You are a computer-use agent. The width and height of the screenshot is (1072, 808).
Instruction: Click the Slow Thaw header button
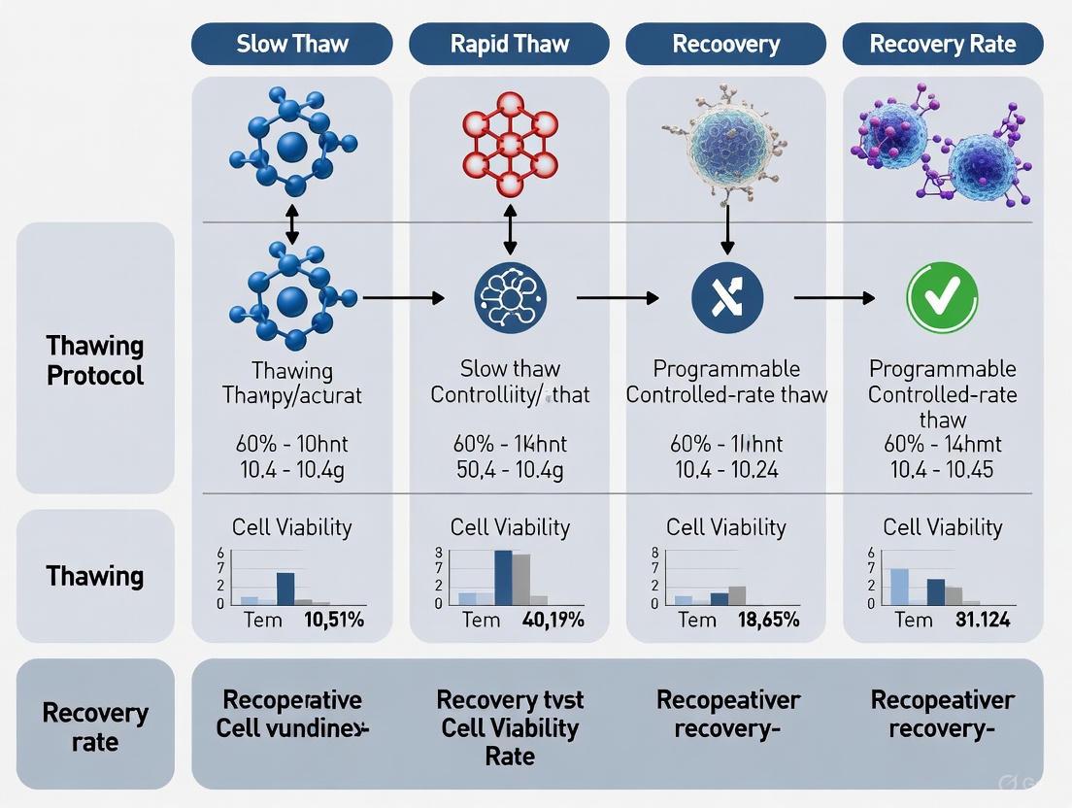292,45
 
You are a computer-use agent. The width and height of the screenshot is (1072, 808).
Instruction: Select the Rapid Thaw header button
509,45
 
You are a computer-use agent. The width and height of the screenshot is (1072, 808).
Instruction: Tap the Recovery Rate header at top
942,45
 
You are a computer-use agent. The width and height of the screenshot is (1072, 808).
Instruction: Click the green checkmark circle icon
941,297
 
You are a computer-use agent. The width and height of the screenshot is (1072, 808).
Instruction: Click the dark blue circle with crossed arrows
726,298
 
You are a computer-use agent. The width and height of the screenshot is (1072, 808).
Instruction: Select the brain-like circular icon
509,298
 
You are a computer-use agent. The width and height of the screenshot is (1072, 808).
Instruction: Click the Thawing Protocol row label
95,360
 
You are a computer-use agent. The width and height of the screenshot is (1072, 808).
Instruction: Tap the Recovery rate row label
95,727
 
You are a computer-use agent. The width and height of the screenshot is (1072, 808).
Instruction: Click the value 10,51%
333,620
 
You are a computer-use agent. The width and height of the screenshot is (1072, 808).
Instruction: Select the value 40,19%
553,620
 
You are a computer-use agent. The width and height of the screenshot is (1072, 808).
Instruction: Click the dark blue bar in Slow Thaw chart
285,589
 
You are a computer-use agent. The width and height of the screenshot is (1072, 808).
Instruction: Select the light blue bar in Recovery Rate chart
900,587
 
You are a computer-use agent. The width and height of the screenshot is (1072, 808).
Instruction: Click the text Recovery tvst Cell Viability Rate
509,727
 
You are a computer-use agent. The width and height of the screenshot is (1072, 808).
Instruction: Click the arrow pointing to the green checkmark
833,298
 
